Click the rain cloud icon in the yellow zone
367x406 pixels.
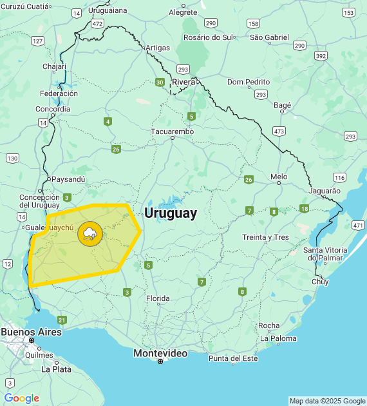pos(89,234)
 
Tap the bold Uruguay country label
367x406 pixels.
pos(171,213)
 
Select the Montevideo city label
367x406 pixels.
pos(160,353)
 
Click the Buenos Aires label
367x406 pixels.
pos(31,332)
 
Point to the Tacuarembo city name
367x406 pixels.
pos(172,131)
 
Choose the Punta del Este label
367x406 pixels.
pos(232,358)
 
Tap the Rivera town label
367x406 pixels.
pos(183,82)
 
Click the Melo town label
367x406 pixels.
pos(279,176)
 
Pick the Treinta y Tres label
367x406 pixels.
pos(265,237)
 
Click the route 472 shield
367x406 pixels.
pos(97,23)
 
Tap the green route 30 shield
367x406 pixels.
pos(159,82)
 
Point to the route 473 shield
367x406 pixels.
pos(279,131)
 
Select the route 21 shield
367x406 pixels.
pos(62,320)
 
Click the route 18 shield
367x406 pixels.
pos(304,208)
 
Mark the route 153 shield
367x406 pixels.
pos(348,13)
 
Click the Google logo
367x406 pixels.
pos(21,398)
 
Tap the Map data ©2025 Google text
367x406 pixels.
pos(326,401)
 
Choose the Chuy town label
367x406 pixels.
pos(320,282)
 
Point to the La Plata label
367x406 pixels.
pos(56,369)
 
